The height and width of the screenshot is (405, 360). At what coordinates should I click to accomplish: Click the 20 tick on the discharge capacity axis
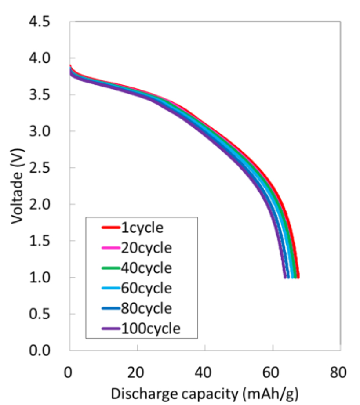(x=137, y=373)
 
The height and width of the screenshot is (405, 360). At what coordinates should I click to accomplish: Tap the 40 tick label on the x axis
(x=205, y=373)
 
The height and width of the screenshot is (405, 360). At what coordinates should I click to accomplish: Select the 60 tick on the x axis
(x=273, y=373)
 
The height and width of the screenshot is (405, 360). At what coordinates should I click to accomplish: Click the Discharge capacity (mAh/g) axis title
(x=205, y=393)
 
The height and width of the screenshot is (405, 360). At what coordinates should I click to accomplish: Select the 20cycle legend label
(x=146, y=248)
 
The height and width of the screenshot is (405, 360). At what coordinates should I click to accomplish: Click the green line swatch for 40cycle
(x=110, y=268)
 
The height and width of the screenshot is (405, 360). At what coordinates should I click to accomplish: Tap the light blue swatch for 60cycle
(x=110, y=288)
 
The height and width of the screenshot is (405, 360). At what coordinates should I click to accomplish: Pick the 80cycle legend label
(x=146, y=308)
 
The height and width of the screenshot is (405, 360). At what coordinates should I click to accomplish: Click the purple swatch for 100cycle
(x=110, y=328)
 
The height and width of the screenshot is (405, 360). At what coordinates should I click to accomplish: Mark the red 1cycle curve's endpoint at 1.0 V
(x=298, y=277)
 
